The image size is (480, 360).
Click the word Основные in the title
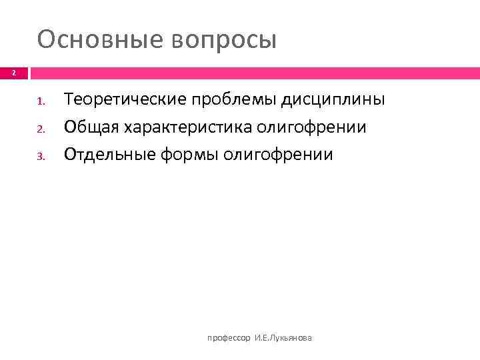100,39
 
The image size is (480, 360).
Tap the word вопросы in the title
224,41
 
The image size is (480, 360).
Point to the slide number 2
15,73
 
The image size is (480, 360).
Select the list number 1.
40,102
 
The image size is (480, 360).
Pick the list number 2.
40,129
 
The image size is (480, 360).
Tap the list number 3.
40,156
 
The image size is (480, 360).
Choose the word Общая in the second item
91,127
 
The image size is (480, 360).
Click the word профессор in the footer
229,339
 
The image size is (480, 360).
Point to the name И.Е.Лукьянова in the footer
283,339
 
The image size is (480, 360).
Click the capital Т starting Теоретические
68,100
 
